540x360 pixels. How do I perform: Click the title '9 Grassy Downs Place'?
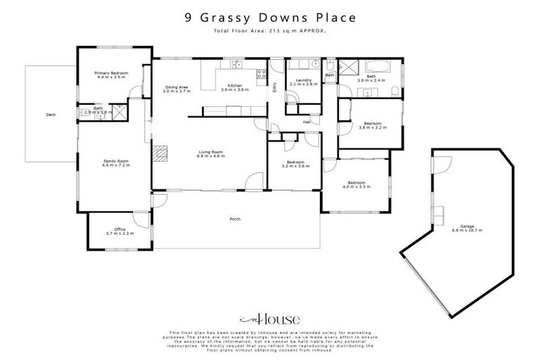270,18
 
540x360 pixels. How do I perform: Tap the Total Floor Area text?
270,32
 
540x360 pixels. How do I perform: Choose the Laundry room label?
304,82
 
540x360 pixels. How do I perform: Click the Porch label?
235,219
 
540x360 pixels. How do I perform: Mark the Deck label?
50,114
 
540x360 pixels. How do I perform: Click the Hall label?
307,122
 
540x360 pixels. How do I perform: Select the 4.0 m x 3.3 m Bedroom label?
356,184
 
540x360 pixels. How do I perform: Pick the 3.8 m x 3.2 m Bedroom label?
372,125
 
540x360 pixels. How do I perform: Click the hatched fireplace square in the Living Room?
162,153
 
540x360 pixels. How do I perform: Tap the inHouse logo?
269,317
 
